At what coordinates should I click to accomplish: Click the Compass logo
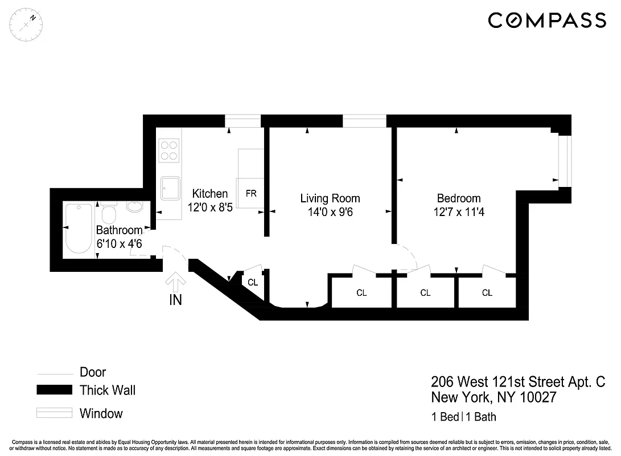[547, 20]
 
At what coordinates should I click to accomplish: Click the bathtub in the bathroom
[79, 227]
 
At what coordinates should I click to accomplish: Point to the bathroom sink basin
[135, 207]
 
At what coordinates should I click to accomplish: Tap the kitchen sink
[170, 188]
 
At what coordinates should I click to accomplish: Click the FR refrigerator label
[251, 193]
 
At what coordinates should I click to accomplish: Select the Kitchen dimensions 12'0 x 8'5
[211, 207]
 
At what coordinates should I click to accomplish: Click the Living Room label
[330, 198]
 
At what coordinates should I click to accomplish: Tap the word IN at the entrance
[175, 300]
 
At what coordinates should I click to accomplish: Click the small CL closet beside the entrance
[253, 282]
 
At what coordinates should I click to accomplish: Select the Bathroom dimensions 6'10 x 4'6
[119, 243]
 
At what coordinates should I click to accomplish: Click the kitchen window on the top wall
[243, 120]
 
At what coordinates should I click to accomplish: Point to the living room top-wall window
[364, 120]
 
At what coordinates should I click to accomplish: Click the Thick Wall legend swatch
[54, 390]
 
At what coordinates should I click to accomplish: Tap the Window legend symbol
[54, 413]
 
